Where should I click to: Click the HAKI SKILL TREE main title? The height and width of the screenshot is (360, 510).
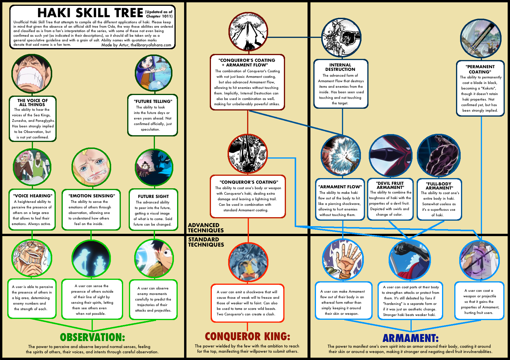[90, 13]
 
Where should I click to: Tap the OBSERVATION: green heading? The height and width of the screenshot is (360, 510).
[92, 337]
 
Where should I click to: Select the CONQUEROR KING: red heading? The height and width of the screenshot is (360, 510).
[247, 336]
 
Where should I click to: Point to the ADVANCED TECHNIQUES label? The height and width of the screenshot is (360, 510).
[206, 228]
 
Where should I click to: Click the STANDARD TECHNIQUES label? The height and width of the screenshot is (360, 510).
[206, 242]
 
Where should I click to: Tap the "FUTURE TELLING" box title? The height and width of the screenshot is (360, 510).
[153, 101]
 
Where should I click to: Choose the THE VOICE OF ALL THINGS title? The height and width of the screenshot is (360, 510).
[32, 103]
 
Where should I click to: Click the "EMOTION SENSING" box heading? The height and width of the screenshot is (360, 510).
[92, 196]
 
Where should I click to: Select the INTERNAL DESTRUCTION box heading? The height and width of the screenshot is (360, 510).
[340, 67]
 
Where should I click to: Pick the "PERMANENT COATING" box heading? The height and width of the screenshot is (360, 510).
[480, 69]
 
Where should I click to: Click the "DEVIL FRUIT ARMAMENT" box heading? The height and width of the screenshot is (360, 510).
[390, 185]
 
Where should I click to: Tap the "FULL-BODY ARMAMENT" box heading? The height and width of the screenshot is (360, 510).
[439, 186]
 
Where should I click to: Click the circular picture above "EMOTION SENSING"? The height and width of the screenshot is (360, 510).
[91, 167]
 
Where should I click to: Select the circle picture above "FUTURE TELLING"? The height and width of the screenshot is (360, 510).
[153, 73]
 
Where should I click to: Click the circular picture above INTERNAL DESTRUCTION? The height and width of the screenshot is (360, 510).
[341, 38]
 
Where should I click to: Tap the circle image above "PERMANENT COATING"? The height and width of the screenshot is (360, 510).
[481, 39]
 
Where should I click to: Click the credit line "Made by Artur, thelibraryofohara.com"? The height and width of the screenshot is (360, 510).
[136, 45]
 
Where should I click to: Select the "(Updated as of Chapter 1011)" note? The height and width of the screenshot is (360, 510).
[159, 14]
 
